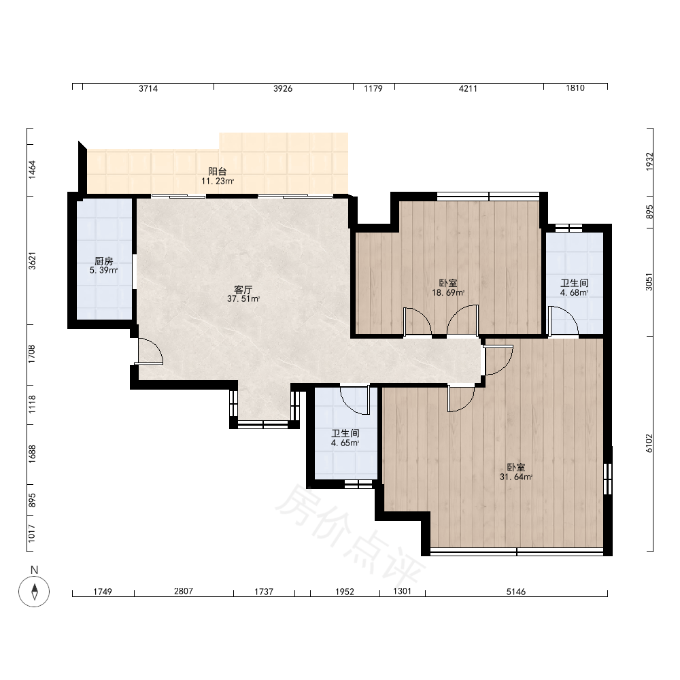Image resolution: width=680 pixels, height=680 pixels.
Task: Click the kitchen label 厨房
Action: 104,261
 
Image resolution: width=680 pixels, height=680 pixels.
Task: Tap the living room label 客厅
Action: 243,290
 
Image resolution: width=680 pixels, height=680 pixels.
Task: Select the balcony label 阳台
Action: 218,172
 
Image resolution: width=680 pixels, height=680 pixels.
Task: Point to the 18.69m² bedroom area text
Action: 448,292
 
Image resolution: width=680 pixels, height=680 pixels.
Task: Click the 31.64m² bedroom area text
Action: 516,477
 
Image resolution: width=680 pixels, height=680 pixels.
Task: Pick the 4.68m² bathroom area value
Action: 574,292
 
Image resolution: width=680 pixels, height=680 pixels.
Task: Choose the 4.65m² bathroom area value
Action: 345,443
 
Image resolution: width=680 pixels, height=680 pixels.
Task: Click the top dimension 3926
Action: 283,88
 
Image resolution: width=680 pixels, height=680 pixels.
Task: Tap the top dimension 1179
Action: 373,88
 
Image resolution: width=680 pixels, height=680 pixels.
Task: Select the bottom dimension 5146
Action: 516,592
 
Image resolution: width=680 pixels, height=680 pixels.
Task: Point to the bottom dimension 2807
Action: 184,591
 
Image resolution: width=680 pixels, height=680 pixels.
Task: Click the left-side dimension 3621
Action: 32,260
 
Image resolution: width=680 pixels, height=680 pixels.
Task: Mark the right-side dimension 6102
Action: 649,443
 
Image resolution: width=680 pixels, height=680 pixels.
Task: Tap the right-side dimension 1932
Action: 649,161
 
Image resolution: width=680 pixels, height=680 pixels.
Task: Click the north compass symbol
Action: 34,591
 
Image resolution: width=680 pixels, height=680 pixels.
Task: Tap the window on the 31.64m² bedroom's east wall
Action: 608,479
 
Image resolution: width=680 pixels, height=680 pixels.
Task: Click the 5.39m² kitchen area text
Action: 103,271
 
